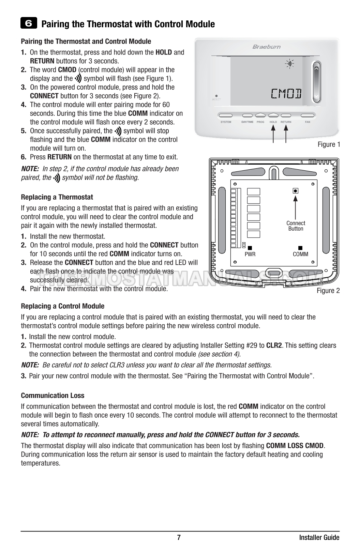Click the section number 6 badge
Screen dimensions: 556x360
pos(29,24)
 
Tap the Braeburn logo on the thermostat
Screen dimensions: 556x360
pos(267,47)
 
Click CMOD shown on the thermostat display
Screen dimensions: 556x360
pos(286,93)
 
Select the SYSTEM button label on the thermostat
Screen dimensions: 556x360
pos(226,122)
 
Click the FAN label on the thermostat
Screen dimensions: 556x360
pos(307,122)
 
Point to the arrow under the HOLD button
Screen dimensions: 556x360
pos(273,134)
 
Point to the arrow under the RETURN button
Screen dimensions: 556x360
pos(286,134)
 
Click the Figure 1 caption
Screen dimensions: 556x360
pos(329,144)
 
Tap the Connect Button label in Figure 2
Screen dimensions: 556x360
pos(296,226)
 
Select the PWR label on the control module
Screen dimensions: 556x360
pos(250,254)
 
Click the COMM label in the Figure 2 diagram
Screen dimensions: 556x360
pos(300,254)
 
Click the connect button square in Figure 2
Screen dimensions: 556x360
pos(296,191)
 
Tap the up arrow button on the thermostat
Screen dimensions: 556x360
pos(317,69)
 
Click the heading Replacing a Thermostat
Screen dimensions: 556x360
pos(57,197)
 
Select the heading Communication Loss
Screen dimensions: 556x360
pos(52,396)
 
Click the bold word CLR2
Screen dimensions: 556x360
pos(274,345)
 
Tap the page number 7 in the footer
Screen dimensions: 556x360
pos(179,538)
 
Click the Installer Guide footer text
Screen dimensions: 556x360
pos(319,538)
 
